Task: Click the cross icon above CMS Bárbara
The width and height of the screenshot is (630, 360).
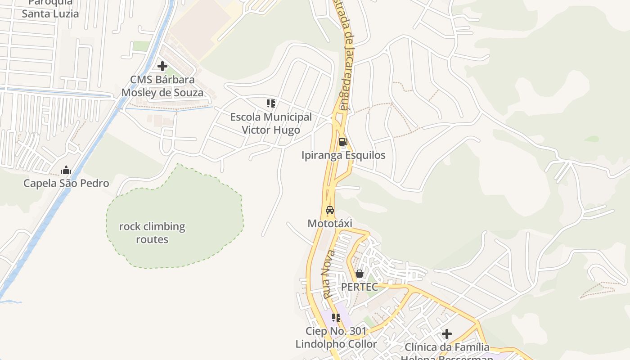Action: pyautogui.click(x=162, y=67)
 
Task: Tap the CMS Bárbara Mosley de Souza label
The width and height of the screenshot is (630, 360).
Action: pyautogui.click(x=162, y=86)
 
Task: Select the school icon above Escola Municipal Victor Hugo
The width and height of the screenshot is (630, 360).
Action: pyautogui.click(x=271, y=103)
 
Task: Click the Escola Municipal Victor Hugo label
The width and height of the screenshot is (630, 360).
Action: pyautogui.click(x=271, y=124)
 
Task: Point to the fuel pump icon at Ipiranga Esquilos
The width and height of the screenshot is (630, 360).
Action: pyautogui.click(x=343, y=142)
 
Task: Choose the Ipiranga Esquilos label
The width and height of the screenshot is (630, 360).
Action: pyautogui.click(x=343, y=155)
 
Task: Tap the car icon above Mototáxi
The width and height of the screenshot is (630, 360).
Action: pyautogui.click(x=330, y=210)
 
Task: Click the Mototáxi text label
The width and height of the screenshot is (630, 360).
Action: pyautogui.click(x=330, y=224)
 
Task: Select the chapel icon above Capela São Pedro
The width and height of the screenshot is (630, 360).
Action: pyautogui.click(x=66, y=170)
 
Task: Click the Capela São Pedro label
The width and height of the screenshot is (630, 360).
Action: pyautogui.click(x=66, y=184)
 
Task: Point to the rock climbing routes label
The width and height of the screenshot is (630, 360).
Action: pyautogui.click(x=152, y=233)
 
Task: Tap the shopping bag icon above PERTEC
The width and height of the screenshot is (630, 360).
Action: pyautogui.click(x=359, y=274)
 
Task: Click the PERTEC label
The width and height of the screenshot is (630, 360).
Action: pyautogui.click(x=359, y=287)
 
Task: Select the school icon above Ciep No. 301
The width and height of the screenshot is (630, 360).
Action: pyautogui.click(x=336, y=318)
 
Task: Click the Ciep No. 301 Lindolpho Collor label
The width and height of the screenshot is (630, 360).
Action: pyautogui.click(x=336, y=337)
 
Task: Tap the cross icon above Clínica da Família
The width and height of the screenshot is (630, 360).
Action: pyautogui.click(x=446, y=334)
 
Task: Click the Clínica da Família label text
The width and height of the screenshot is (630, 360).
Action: pyautogui.click(x=447, y=347)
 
